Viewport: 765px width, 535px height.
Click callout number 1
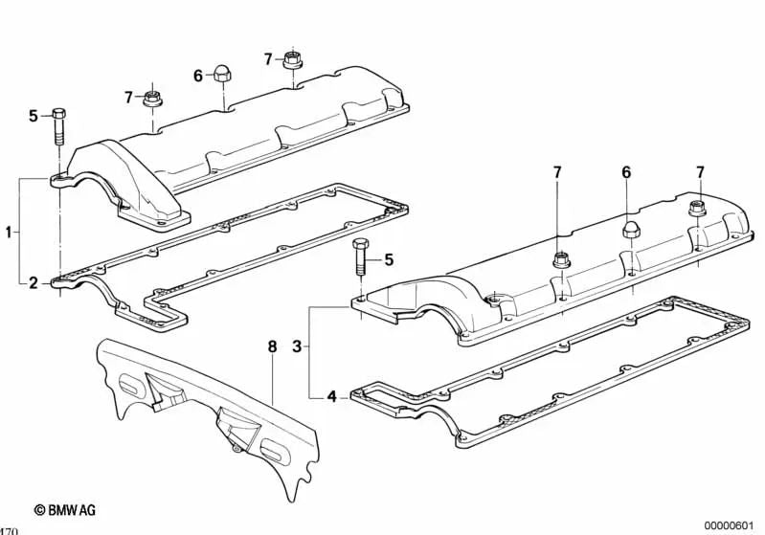(9, 232)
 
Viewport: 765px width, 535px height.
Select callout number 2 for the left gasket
(33, 282)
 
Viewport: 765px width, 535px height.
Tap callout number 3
(297, 346)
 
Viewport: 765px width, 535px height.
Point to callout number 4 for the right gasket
(330, 394)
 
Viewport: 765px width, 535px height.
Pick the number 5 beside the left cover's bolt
(33, 116)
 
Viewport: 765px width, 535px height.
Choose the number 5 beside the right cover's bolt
(389, 259)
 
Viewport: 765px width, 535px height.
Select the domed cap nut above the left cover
(222, 73)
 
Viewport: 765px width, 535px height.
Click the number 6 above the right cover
(627, 172)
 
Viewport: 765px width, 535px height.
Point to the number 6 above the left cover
(198, 76)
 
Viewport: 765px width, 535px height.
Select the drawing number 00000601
(731, 525)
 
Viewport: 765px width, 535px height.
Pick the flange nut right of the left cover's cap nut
(291, 60)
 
